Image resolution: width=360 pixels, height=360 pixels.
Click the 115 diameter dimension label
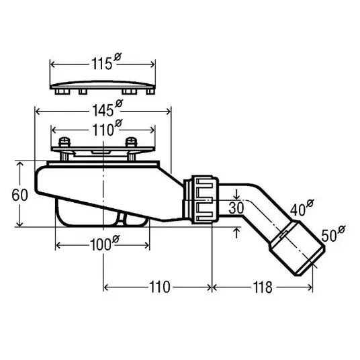[106, 62]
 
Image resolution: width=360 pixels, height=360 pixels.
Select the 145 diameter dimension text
[107, 108]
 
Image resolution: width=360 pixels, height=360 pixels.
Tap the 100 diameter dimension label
[105, 243]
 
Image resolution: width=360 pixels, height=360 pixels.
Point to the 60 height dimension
[19, 195]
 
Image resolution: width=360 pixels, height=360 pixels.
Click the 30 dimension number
[236, 208]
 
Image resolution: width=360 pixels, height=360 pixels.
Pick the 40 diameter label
[302, 208]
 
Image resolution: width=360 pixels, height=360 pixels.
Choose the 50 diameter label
[333, 234]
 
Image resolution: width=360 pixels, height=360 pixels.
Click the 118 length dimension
[263, 287]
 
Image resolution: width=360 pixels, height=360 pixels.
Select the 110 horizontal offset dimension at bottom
[160, 287]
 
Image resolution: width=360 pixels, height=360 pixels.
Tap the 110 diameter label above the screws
[107, 128]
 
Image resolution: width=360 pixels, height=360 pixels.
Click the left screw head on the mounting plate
[64, 142]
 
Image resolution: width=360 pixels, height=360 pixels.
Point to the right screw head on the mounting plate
[132, 142]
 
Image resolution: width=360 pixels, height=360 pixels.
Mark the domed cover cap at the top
[103, 87]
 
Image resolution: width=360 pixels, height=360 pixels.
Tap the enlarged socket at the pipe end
[298, 248]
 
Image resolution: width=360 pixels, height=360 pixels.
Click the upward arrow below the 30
[236, 232]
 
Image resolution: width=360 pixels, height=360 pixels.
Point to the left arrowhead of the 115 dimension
[53, 64]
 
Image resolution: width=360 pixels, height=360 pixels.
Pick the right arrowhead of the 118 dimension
[310, 287]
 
